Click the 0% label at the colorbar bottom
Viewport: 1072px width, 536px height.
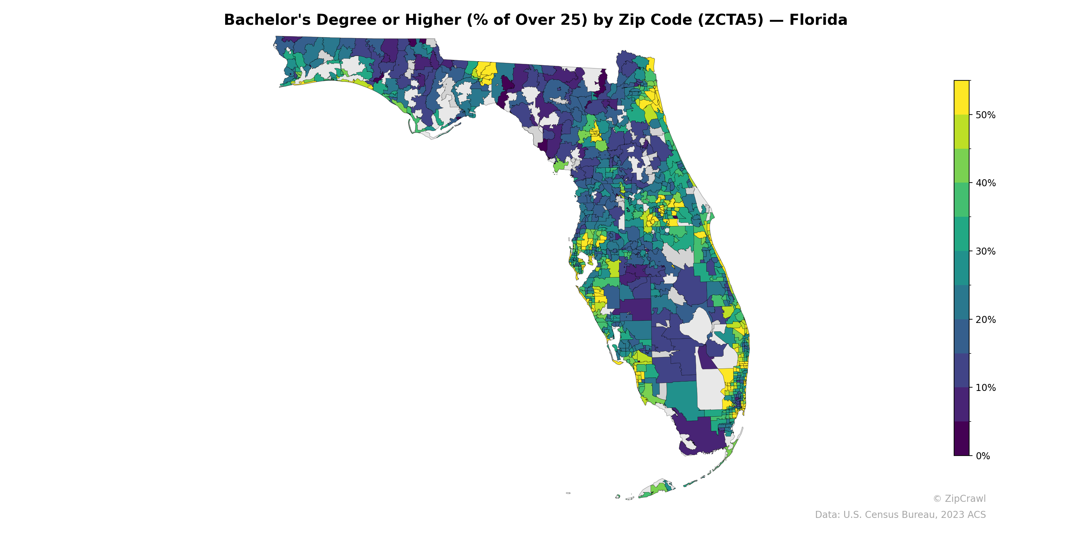pos(983,456)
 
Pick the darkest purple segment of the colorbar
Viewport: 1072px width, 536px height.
pos(961,439)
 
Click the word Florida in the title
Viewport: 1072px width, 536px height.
pos(818,20)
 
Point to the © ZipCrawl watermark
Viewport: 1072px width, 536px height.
pos(959,498)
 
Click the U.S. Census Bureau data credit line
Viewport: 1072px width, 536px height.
pos(900,515)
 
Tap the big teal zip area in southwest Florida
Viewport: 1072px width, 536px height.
pos(681,400)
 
